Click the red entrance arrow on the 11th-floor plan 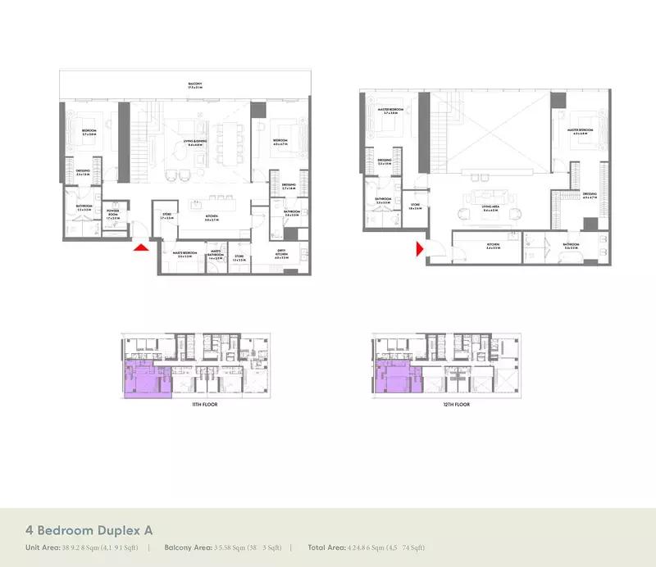(x=141, y=246)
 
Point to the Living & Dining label (x=195, y=143)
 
